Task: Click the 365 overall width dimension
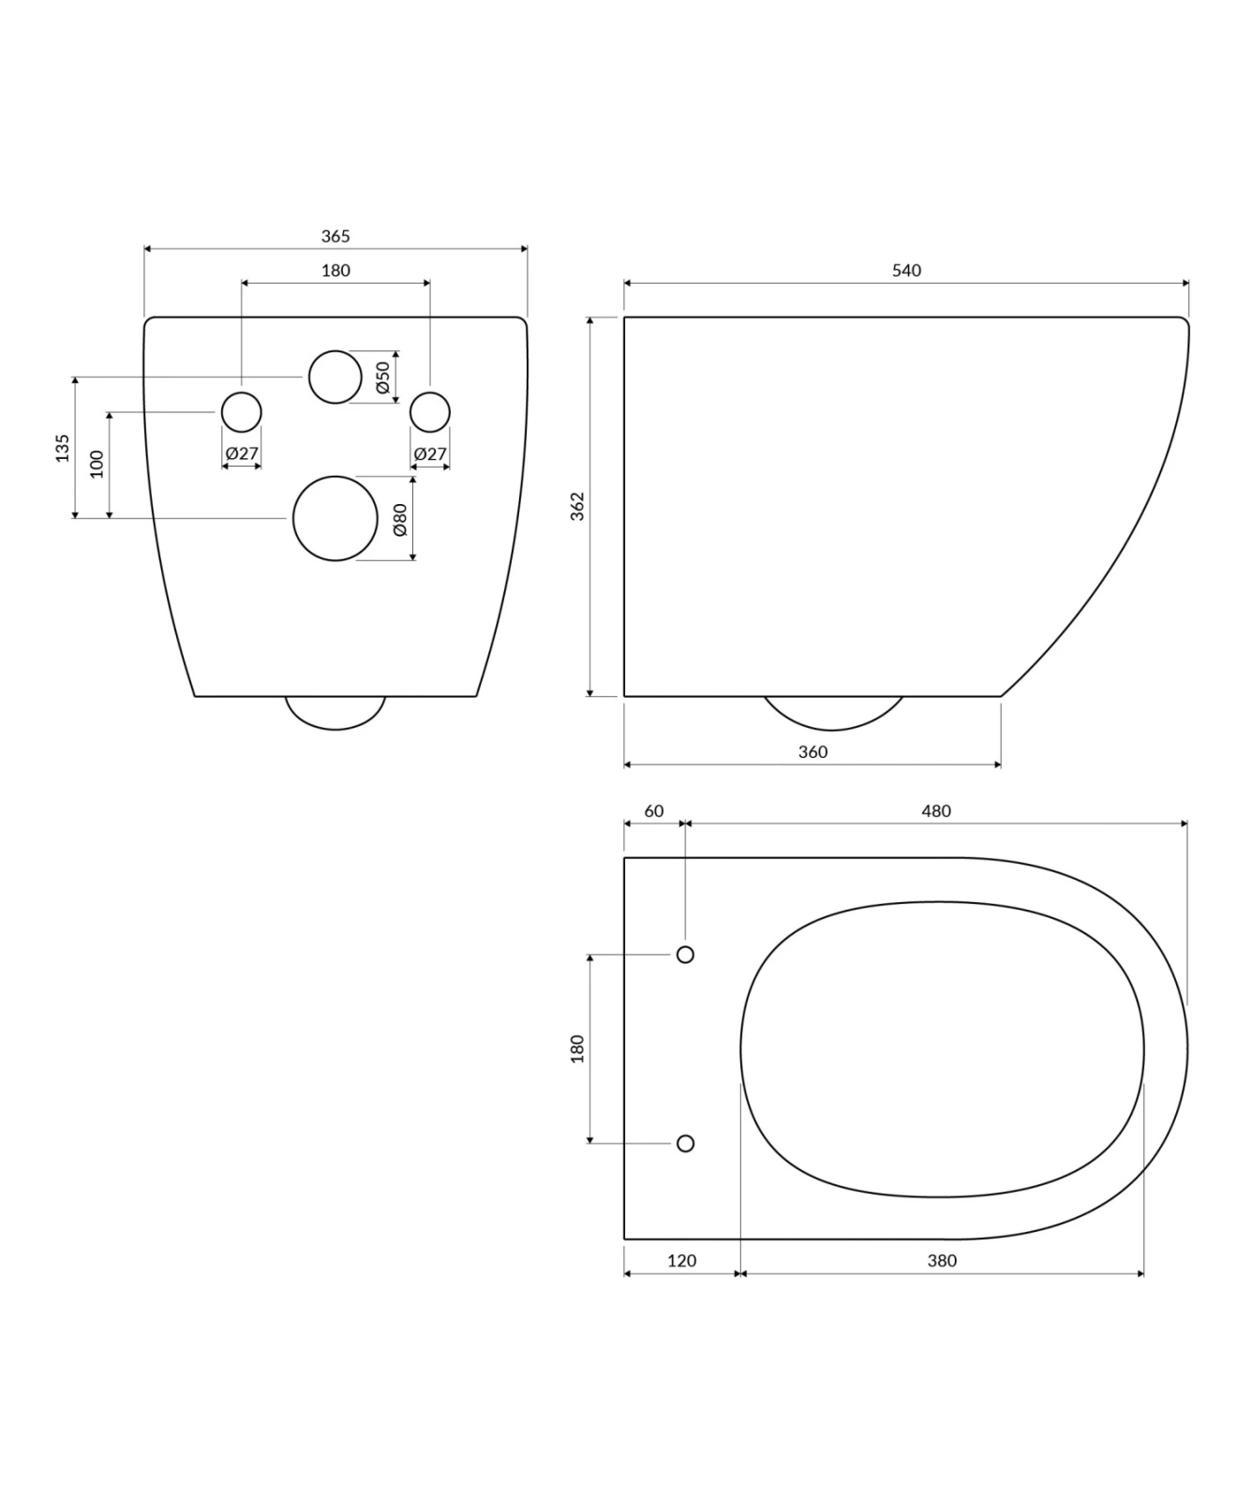click(x=335, y=236)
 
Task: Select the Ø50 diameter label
click(x=382, y=377)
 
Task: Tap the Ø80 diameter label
click(x=400, y=519)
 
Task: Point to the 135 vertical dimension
click(x=62, y=447)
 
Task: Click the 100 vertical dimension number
click(x=97, y=464)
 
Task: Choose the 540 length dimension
click(x=906, y=270)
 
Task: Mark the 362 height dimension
click(x=577, y=506)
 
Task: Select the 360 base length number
click(x=812, y=751)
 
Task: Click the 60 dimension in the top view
click(x=654, y=810)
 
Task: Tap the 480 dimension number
click(x=936, y=810)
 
